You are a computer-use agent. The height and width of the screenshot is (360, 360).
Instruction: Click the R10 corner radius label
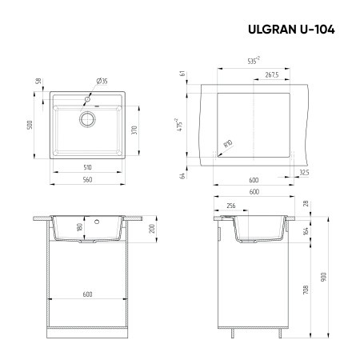[227, 145]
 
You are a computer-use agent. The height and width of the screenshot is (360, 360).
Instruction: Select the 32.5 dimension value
[303, 171]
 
